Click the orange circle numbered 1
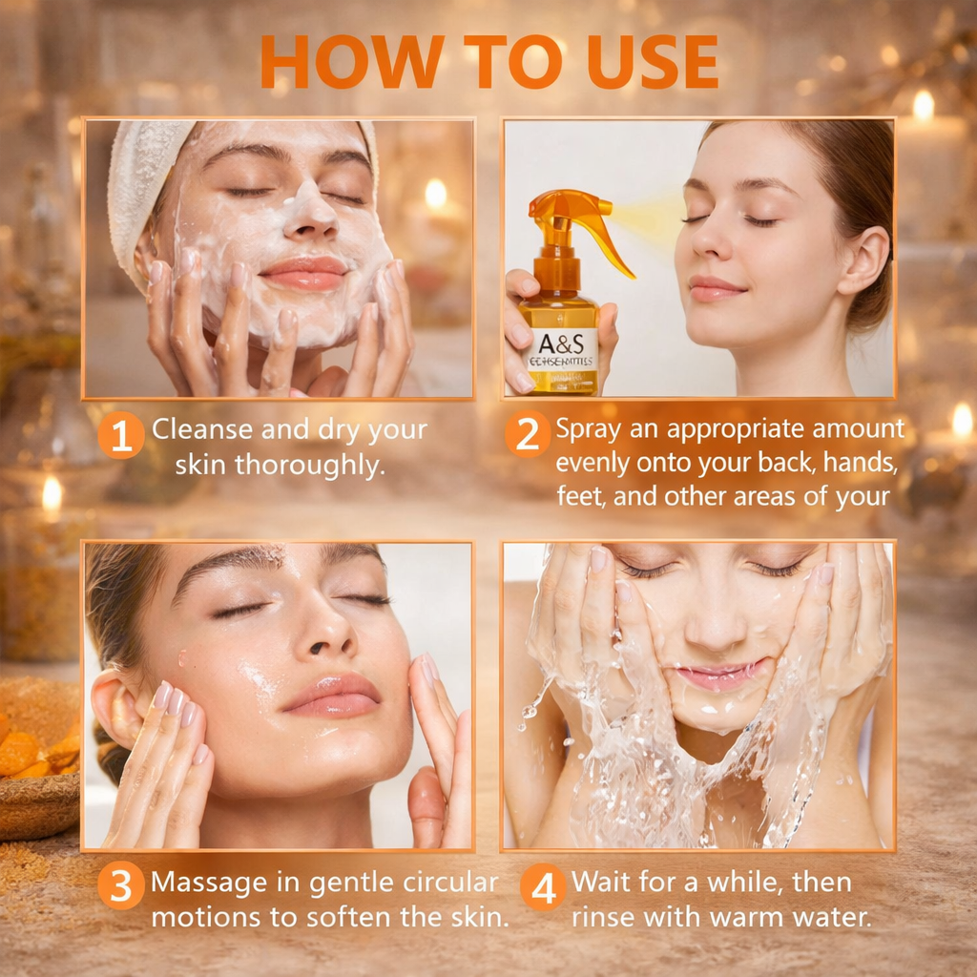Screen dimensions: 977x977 click(x=121, y=436)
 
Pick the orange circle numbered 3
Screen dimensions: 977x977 click(x=121, y=886)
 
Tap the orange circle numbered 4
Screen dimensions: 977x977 click(x=543, y=887)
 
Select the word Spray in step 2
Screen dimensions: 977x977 click(x=589, y=429)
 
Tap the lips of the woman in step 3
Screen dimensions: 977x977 click(x=331, y=695)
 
